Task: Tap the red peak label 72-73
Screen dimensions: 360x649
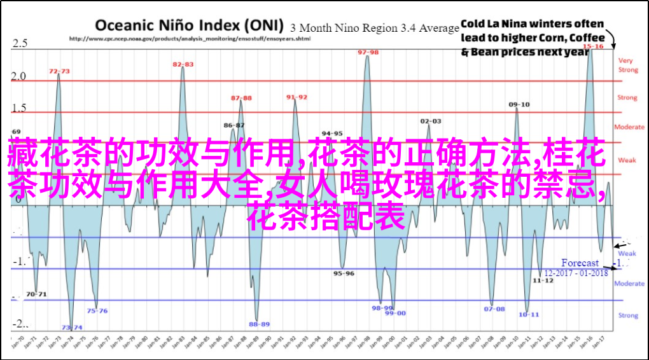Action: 59,71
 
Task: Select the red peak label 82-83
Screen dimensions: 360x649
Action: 183,64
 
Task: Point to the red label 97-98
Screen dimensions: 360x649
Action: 368,52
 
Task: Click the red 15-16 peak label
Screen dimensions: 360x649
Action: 593,46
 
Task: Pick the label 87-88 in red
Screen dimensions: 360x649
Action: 241,98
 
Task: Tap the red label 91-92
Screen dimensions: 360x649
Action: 297,97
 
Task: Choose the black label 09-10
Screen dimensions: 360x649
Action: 519,104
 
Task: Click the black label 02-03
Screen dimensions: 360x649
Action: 431,121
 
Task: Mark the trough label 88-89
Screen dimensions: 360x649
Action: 259,324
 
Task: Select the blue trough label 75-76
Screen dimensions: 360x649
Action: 97,311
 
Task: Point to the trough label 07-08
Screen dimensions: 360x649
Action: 494,309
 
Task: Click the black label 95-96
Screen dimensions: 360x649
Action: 344,273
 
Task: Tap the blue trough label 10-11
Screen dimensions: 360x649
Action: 528,314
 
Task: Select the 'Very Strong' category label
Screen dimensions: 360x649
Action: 627,65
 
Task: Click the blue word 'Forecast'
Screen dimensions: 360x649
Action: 580,263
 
